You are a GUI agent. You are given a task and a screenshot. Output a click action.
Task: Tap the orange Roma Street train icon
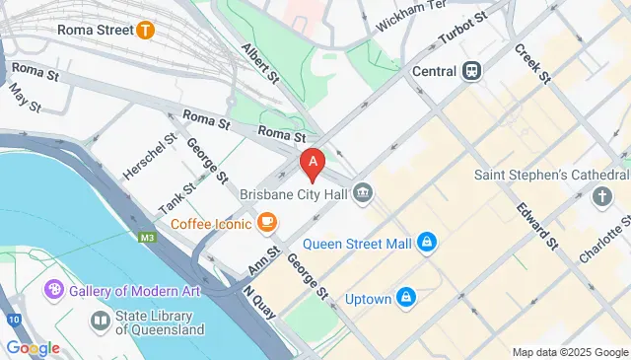pos(146,30)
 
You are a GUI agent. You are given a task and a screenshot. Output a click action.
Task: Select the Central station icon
pos(472,71)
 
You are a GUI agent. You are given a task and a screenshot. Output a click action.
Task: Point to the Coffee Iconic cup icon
pos(266,224)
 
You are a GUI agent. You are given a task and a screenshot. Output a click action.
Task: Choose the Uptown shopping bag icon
pos(406,297)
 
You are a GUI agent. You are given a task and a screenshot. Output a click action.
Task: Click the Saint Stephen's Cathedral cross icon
pos(602,197)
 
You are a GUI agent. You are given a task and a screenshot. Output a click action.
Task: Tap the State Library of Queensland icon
pos(100,320)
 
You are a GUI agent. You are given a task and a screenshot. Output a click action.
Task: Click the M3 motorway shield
pos(147,237)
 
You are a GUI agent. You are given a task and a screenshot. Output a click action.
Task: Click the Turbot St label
pos(463,31)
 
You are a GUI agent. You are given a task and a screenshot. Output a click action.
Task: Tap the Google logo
pos(33,347)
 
